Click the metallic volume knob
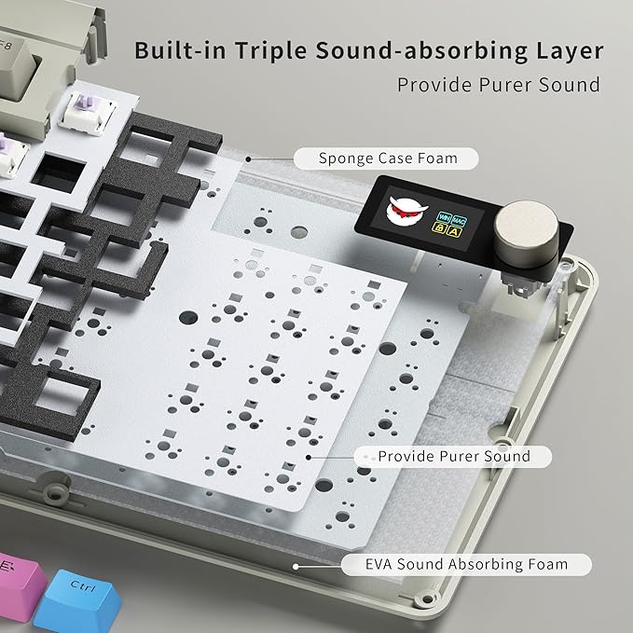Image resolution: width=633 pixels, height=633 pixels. coord(526,233)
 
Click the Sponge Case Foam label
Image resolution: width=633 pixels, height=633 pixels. coord(386,158)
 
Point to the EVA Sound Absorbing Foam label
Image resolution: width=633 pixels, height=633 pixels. coord(466,564)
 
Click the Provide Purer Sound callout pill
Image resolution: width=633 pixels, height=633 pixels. coord(453,457)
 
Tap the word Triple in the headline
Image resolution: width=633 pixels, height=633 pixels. coord(270,51)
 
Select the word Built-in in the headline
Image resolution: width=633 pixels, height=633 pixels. coord(180,50)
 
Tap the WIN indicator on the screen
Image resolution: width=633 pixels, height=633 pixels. coord(444,217)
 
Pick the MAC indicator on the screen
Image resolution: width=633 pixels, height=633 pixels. coord(459,221)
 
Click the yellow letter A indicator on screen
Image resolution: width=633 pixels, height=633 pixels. coord(455,232)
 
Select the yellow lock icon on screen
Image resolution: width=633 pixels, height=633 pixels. coord(439,228)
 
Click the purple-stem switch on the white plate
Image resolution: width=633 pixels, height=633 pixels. coord(88,112)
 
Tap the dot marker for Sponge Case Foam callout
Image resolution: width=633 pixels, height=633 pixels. coord(249,159)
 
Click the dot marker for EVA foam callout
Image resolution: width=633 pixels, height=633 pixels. coord(296,567)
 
